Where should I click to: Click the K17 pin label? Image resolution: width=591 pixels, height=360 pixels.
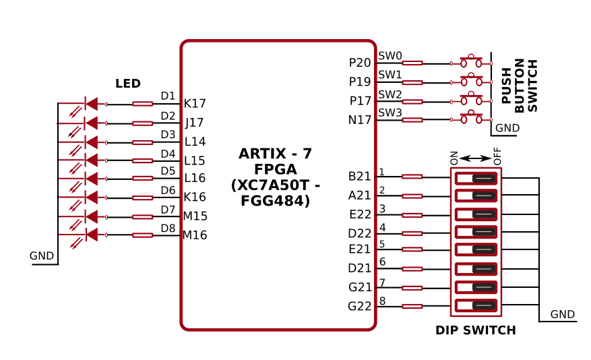[x=195, y=104]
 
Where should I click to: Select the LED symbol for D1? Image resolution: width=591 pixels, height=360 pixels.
[x=91, y=104]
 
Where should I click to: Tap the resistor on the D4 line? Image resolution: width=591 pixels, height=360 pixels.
[x=142, y=160]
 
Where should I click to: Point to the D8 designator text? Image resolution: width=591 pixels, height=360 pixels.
[x=168, y=228]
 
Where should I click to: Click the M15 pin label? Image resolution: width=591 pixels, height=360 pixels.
[x=195, y=216]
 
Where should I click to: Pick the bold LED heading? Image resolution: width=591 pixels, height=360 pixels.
[x=128, y=84]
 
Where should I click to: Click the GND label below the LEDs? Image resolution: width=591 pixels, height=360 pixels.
[x=42, y=256]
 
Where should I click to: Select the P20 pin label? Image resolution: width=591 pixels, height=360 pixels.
[x=360, y=63]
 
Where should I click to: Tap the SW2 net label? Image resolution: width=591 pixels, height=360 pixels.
[x=390, y=94]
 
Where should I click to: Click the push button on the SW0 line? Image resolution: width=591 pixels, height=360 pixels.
[x=471, y=62]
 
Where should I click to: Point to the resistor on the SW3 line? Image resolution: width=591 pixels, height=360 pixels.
[x=412, y=120]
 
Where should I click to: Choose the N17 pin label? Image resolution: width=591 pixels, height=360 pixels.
[x=360, y=120]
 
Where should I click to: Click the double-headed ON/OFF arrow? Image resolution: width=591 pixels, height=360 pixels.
[x=476, y=158]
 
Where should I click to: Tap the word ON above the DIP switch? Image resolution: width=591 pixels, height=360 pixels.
[x=454, y=158]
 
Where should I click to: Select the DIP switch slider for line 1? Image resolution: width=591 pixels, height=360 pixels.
[x=484, y=179]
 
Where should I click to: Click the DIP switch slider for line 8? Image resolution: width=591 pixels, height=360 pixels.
[x=484, y=305]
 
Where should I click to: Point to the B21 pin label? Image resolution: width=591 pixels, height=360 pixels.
[x=360, y=177]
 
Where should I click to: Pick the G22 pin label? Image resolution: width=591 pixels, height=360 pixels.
[x=360, y=306]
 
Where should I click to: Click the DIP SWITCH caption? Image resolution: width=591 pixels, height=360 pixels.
[x=476, y=330]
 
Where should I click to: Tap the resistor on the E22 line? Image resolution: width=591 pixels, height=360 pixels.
[x=412, y=215]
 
